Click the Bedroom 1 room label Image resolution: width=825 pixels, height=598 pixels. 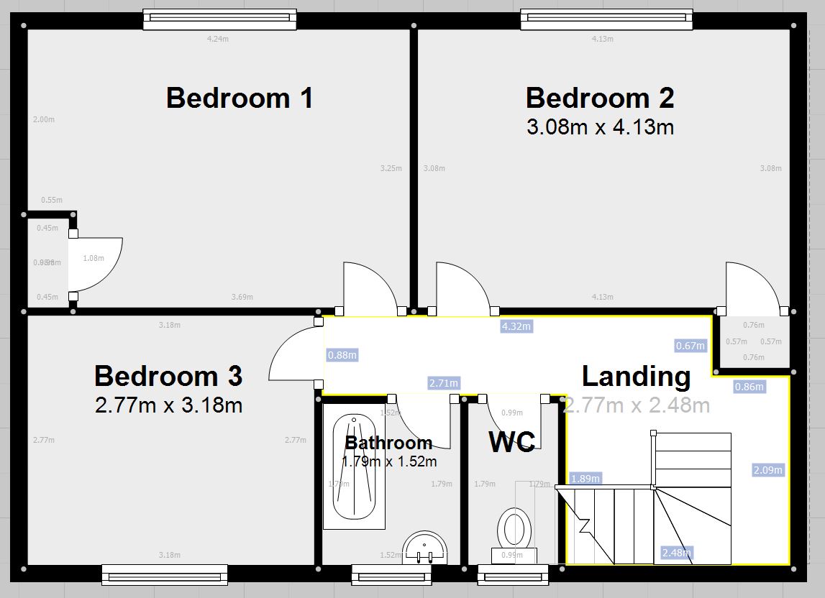coord(240,98)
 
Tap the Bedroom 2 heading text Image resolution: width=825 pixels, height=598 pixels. coord(600,98)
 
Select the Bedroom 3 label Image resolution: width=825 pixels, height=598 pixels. coord(168,376)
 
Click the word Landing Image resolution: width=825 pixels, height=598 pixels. coord(636,376)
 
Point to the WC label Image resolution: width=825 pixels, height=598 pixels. coord(511,442)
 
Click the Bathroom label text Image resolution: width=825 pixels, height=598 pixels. coord(388,442)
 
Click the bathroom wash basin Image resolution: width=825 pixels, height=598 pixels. coord(425,548)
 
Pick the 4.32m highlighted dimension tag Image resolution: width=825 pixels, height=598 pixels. coord(516,327)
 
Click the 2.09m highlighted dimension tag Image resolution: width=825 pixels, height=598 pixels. coord(767,470)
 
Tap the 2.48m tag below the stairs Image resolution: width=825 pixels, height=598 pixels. coord(676,553)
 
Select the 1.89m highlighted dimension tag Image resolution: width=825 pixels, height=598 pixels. coord(585,479)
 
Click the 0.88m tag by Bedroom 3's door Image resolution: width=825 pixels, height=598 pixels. coord(342,355)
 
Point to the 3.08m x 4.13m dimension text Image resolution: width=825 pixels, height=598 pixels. coord(600,128)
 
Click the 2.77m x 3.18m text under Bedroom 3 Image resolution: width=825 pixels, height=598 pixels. coord(168,405)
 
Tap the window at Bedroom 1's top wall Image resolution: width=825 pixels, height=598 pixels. coord(219,19)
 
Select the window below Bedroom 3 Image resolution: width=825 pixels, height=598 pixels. coord(165,574)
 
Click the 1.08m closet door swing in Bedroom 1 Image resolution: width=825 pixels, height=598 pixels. coord(97,259)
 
